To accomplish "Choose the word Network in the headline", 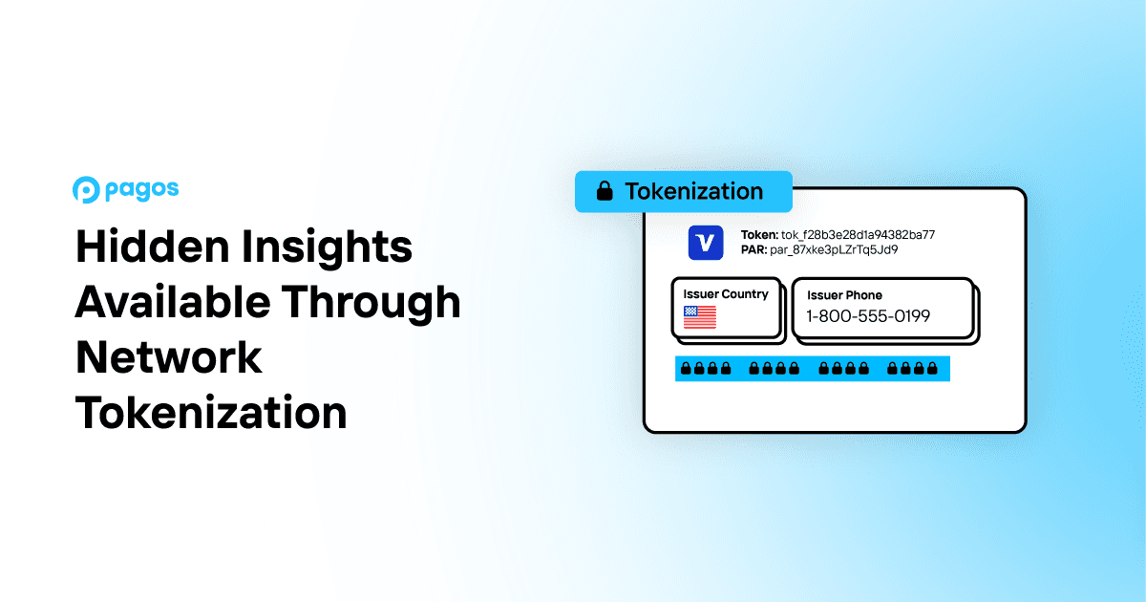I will (169, 357).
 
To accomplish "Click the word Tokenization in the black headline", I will (211, 413).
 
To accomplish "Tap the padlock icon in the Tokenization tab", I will (604, 192).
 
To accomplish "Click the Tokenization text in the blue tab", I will (693, 191).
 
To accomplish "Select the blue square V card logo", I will (706, 243).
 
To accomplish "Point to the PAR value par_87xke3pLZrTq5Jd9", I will (834, 249).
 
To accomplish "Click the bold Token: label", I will (760, 234).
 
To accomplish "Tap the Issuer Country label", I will (726, 294).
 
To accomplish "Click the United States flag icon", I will (700, 317).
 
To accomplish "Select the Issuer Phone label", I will (844, 295).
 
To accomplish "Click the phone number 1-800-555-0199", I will (868, 316).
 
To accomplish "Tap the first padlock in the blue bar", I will (685, 369).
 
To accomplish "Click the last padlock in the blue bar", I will (932, 369).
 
